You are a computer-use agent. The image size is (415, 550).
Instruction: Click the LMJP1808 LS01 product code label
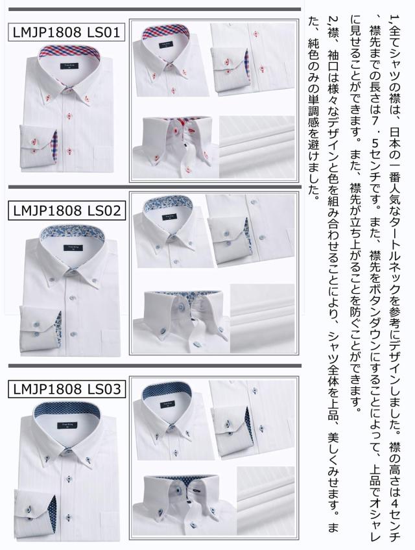click(65, 32)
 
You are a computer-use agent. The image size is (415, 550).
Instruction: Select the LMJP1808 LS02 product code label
click(65, 209)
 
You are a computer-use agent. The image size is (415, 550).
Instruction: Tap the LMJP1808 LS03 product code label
click(65, 390)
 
